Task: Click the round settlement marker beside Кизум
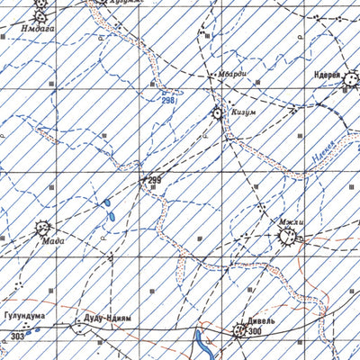[x=217, y=113]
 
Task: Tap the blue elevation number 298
[x=167, y=100]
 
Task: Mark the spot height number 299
[x=154, y=181]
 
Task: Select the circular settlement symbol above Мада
[x=42, y=229]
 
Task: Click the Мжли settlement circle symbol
[x=288, y=236]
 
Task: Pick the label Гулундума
[x=25, y=317]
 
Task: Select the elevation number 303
[x=18, y=336]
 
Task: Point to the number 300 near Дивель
[x=255, y=332]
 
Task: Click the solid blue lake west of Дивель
[x=199, y=339]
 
